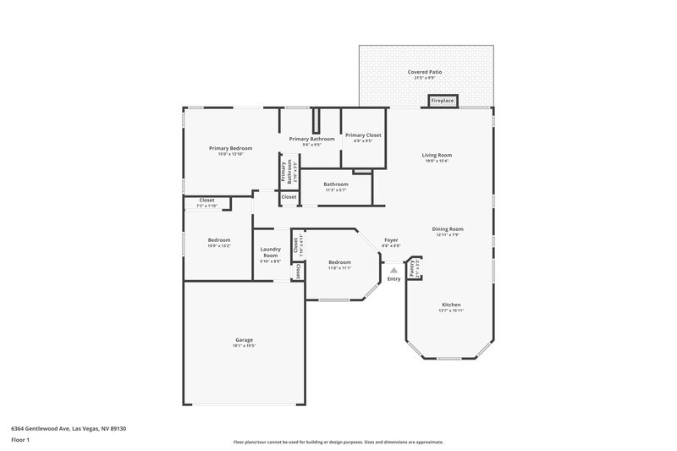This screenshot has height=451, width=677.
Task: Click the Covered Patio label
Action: click(x=424, y=73)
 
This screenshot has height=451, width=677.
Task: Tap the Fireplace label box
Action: click(x=443, y=101)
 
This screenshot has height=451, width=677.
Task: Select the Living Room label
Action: click(x=438, y=155)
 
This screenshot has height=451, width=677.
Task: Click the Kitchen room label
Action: click(x=451, y=305)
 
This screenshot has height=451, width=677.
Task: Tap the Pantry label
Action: click(x=412, y=269)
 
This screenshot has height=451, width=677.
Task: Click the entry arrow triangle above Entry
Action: click(x=394, y=268)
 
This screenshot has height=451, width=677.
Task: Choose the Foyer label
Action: click(x=391, y=240)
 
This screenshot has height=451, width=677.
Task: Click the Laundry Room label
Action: click(x=271, y=251)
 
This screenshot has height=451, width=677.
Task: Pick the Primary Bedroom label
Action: click(x=230, y=148)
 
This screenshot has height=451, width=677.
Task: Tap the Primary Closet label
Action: click(x=363, y=135)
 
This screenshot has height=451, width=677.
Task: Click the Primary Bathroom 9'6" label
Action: click(x=311, y=139)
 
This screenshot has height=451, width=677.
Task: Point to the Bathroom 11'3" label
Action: click(x=335, y=184)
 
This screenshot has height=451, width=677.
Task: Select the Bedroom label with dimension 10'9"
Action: click(x=219, y=240)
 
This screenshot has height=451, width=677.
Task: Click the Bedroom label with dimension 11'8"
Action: click(x=339, y=262)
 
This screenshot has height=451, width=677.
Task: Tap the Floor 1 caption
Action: click(x=20, y=441)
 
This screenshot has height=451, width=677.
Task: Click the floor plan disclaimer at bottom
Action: click(x=338, y=442)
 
